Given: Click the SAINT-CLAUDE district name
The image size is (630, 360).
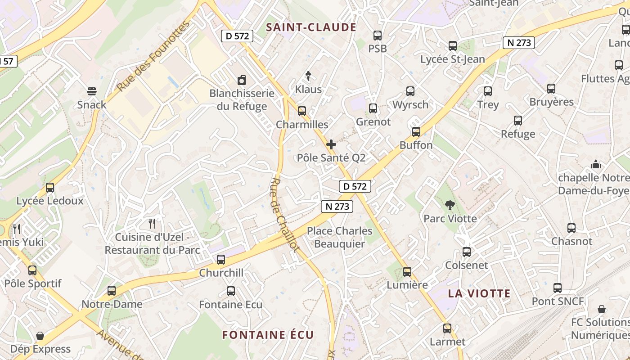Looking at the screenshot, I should (x=311, y=27).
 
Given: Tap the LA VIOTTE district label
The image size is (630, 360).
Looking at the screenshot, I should (x=479, y=294).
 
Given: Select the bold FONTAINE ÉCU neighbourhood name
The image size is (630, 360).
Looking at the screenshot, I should (x=268, y=335).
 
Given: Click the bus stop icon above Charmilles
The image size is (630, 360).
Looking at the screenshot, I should (x=302, y=111).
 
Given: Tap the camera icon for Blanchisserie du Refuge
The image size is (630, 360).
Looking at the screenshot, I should (x=242, y=81).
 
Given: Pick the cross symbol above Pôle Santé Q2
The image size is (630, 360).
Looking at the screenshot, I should (x=331, y=144).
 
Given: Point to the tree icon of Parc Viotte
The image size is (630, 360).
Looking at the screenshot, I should (x=450, y=206).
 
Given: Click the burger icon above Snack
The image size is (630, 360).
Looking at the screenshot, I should (x=92, y=92).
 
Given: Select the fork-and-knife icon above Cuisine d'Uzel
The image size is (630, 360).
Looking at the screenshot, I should (x=152, y=223).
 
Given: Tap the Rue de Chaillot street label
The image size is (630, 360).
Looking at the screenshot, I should (x=284, y=214).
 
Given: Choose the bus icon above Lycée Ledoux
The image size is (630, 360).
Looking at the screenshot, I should (x=50, y=188).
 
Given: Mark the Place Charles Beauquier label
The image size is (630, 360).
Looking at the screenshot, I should (x=340, y=237).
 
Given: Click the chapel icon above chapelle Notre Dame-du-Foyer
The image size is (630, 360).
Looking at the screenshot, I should (x=596, y=164).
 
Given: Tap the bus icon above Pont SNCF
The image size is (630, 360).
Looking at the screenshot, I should (x=558, y=288).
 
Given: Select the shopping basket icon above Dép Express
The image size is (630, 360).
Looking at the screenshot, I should (x=40, y=336).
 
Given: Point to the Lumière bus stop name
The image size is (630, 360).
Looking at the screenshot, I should (x=407, y=285).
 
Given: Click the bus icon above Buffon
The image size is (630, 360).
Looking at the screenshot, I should (x=416, y=132).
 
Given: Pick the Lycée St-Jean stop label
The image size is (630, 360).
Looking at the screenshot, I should (x=453, y=59).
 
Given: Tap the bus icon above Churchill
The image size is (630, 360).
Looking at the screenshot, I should (x=221, y=260).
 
